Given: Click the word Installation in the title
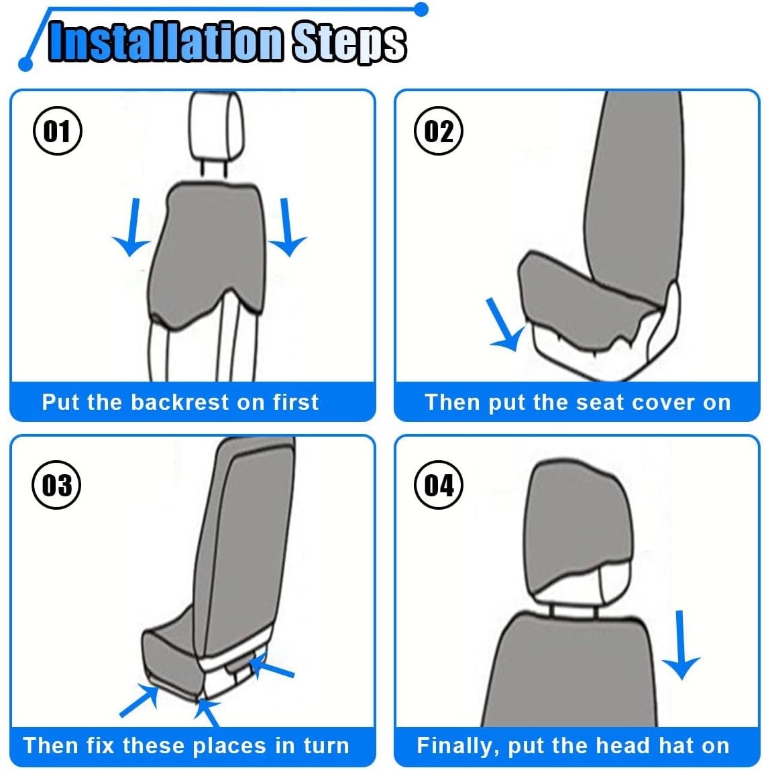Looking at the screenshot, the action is click(166, 42).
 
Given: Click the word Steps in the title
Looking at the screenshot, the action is click(349, 43).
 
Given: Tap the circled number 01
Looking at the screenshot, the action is click(58, 131).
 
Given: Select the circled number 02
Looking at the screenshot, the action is click(439, 131).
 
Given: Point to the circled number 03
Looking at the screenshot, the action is click(56, 485).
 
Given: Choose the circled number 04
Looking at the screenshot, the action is click(439, 485).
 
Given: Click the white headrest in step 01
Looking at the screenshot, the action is click(216, 125).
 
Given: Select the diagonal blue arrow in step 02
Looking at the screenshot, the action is click(504, 325).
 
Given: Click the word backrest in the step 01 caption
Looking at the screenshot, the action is click(180, 402).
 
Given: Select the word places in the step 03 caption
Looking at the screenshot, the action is click(230, 746).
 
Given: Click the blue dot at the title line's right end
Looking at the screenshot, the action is click(421, 9).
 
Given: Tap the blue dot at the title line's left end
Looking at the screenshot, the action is click(25, 64).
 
